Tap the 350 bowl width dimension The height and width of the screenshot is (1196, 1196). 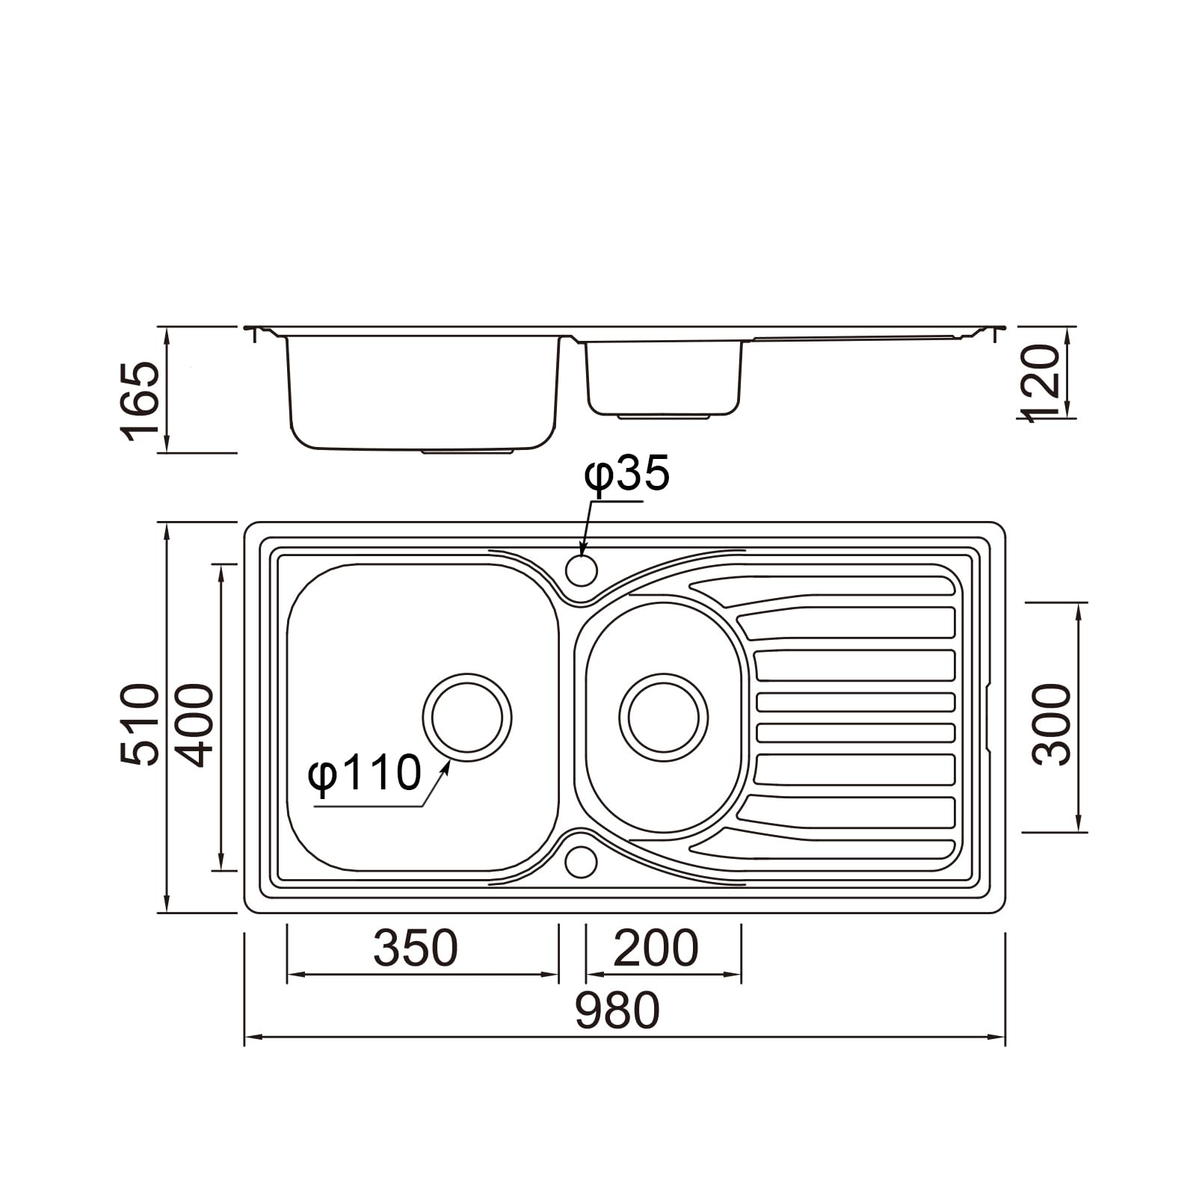point(415,948)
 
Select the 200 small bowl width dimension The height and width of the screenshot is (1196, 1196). point(656,948)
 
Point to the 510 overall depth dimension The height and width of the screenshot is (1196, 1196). point(140,723)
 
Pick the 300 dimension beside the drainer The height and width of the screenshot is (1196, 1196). point(1052,724)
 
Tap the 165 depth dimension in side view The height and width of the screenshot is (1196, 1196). point(140,401)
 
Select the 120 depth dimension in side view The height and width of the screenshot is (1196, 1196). point(1041,383)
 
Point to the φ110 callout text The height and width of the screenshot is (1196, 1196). point(365,772)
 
